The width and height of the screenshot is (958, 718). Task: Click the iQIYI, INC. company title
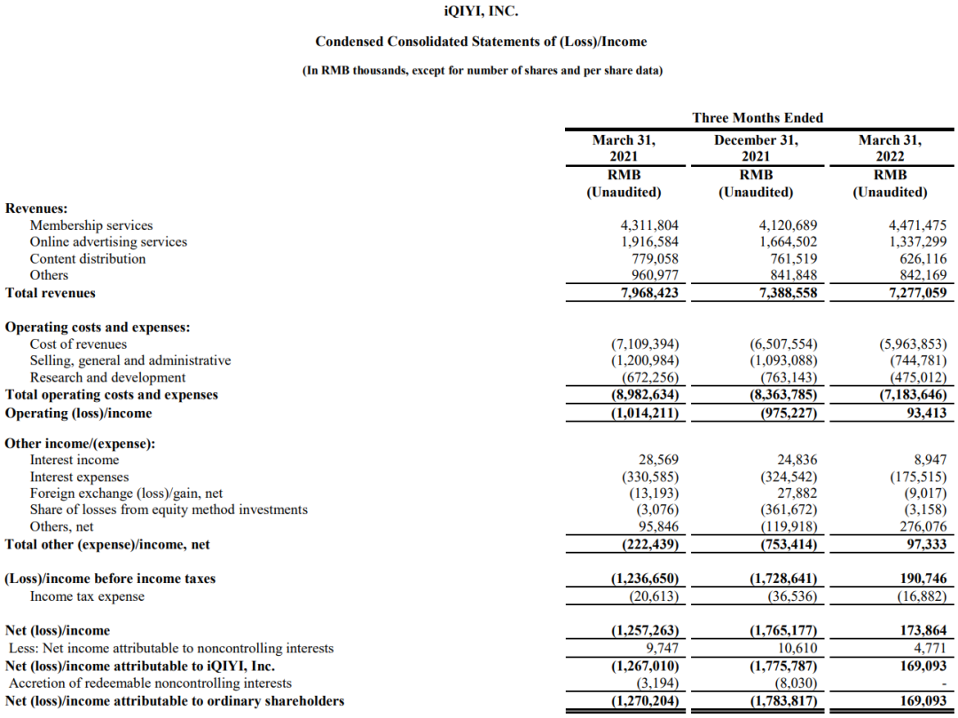coord(480,12)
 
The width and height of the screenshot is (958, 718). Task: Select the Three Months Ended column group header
coord(757,118)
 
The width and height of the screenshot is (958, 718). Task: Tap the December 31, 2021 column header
coord(757,148)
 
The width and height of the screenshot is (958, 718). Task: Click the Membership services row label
coord(91,225)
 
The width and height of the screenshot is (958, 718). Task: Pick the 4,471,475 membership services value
coord(913,225)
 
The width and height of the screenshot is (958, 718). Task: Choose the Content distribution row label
coord(88,258)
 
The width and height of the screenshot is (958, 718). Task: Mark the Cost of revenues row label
coord(78,343)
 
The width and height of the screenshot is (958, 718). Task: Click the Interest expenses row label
coord(79,477)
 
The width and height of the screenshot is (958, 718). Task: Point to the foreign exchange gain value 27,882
coord(796,493)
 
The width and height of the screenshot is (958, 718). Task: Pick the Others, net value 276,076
coord(923,526)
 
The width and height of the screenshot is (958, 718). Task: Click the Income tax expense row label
coord(87,596)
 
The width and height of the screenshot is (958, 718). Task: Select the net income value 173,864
coord(923,631)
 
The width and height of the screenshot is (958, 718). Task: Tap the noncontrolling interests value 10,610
coord(796,648)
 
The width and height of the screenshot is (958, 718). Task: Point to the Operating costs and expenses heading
coord(98,327)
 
